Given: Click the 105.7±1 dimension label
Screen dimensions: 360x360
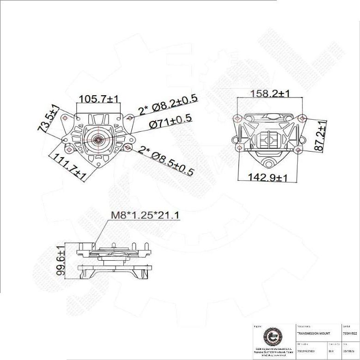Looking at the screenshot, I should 99,98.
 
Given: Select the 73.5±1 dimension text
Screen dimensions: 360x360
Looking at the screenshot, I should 48,119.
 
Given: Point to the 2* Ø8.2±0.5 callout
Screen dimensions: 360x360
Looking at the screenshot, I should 168,104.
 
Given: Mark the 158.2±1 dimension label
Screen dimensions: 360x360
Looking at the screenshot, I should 270,94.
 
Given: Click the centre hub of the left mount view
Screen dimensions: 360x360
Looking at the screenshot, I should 98,138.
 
